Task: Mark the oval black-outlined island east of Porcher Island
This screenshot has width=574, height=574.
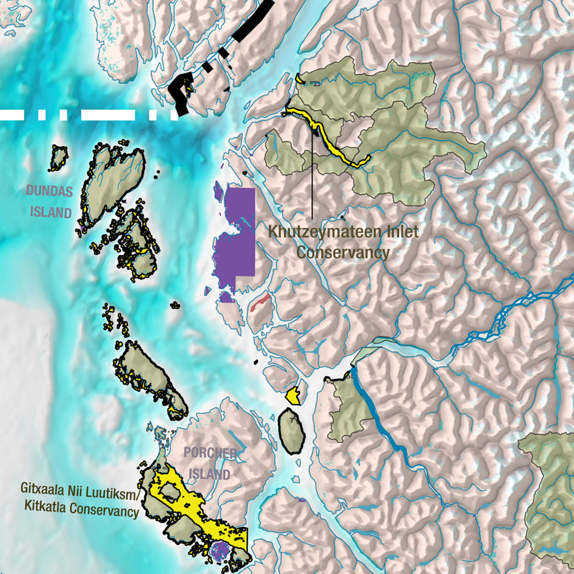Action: click(292, 430)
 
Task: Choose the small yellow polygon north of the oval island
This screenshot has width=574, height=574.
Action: click(293, 395)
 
